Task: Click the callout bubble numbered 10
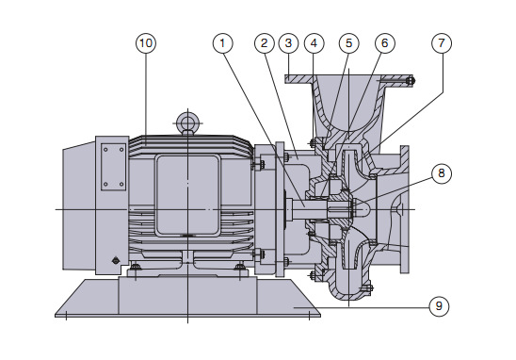[x=146, y=43]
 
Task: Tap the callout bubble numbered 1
[x=223, y=43]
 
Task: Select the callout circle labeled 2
[x=265, y=43]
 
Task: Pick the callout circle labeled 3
[x=289, y=43]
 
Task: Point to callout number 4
[x=314, y=43]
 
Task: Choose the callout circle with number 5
[x=348, y=43]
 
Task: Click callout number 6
[x=385, y=43]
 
